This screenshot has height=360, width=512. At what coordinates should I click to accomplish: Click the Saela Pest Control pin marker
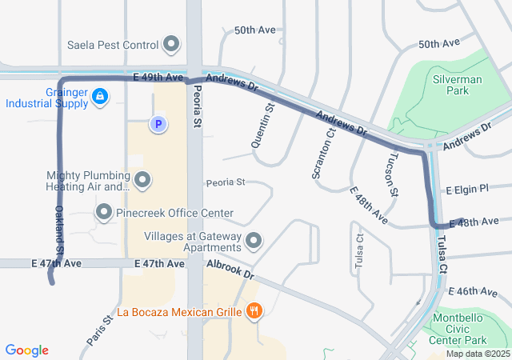pyautogui.click(x=171, y=44)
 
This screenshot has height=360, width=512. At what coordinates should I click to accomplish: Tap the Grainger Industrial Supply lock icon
pyautogui.click(x=99, y=97)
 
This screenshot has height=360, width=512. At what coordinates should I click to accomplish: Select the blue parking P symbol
pyautogui.click(x=158, y=124)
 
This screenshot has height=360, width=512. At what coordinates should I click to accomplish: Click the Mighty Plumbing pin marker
pyautogui.click(x=142, y=180)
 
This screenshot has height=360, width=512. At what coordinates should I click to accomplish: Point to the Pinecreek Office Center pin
pyautogui.click(x=104, y=213)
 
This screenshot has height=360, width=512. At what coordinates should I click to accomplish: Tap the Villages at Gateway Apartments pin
pyautogui.click(x=254, y=240)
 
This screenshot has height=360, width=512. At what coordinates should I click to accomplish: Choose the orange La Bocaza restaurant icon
pyautogui.click(x=254, y=311)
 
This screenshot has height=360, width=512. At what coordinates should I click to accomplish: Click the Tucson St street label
pyautogui.click(x=393, y=174)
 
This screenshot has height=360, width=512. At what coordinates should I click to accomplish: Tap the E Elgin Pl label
pyautogui.click(x=466, y=190)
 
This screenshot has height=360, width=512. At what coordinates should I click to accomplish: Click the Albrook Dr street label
pyautogui.click(x=230, y=270)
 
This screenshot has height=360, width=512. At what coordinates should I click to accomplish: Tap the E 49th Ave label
pyautogui.click(x=159, y=77)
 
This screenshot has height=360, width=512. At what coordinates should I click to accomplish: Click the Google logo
pyautogui.click(x=27, y=350)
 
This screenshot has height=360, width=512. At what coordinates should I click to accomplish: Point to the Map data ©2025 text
pyautogui.click(x=477, y=354)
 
